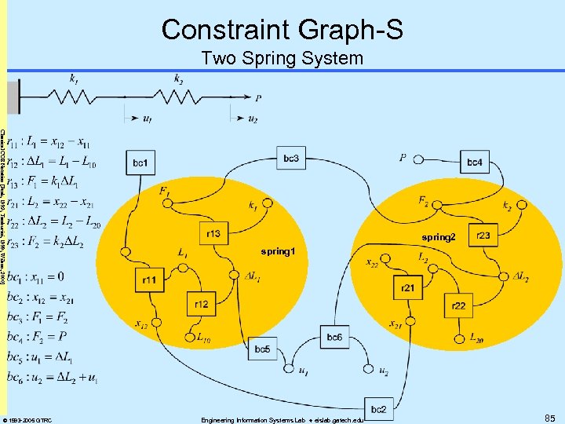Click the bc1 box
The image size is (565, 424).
point(140,163)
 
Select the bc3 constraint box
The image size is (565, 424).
point(290,159)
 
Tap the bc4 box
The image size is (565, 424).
point(474,163)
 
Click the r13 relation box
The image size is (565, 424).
point(213,233)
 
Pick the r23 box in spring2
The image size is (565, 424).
point(483,234)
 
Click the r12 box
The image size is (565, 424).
point(200,303)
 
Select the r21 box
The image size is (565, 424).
point(407,288)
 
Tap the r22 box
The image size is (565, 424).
point(458,305)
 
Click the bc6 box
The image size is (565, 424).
point(334,337)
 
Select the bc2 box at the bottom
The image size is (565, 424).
point(378,408)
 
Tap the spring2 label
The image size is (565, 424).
point(438,237)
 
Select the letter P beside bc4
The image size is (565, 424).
point(403,158)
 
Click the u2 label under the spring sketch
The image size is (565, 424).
point(253,119)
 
